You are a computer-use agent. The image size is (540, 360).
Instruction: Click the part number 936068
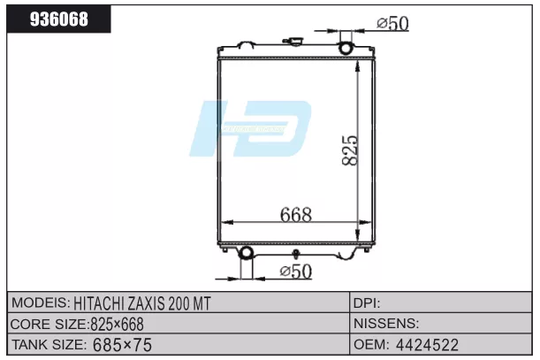(x=59, y=19)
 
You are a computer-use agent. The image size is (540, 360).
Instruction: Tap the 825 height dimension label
(x=350, y=150)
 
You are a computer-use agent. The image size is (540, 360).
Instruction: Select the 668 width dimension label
(x=296, y=214)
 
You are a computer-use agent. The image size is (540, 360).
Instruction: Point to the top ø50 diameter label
(x=392, y=23)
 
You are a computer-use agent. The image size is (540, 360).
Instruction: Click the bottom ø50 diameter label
(x=296, y=271)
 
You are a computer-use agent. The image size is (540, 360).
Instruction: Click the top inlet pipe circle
(x=346, y=48)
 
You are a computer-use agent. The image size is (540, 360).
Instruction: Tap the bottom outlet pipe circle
(x=246, y=253)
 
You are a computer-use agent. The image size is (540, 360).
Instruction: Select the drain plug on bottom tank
(x=295, y=254)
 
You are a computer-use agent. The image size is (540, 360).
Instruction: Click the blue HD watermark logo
(x=251, y=128)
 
